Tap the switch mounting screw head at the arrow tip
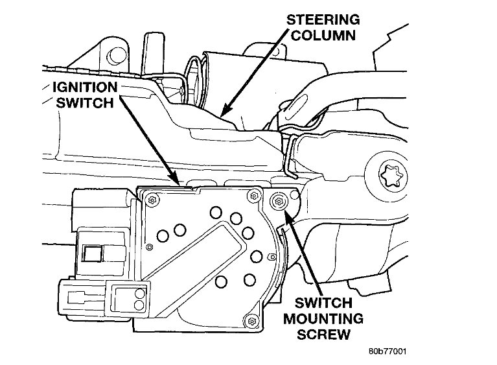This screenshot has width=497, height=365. point(279,202)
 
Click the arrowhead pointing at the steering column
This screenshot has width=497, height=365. point(224,113)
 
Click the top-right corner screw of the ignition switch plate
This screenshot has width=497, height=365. point(250,195)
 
